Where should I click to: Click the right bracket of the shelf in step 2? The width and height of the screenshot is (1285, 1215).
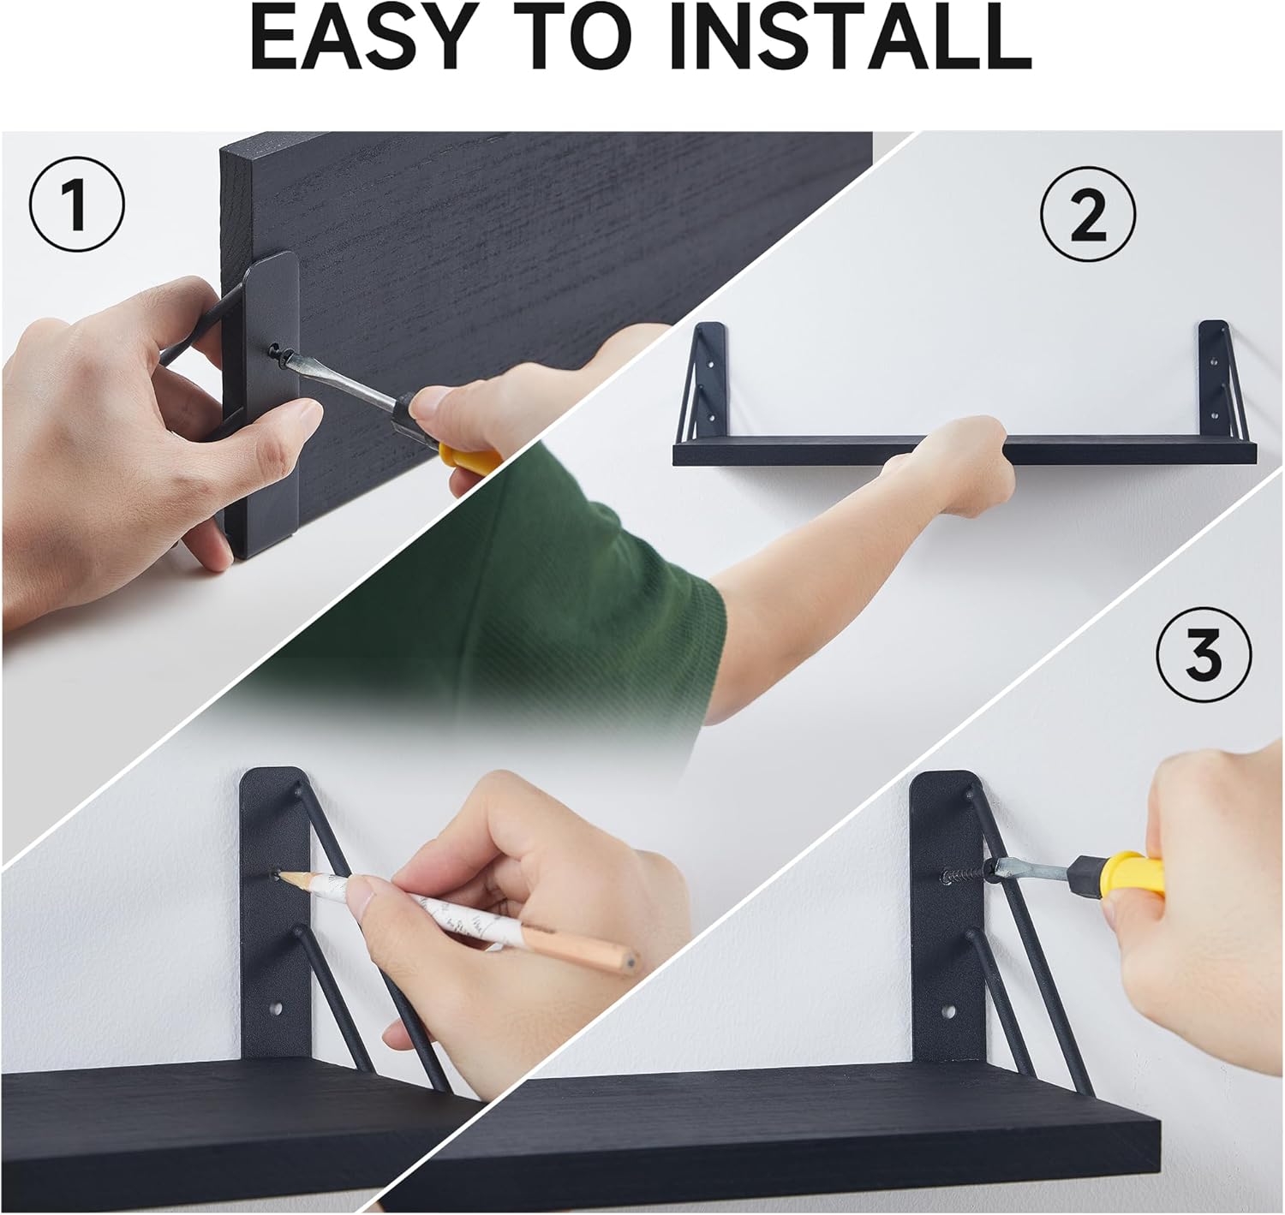pos(1215,377)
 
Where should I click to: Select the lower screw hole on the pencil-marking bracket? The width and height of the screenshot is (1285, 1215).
pos(278,1010)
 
